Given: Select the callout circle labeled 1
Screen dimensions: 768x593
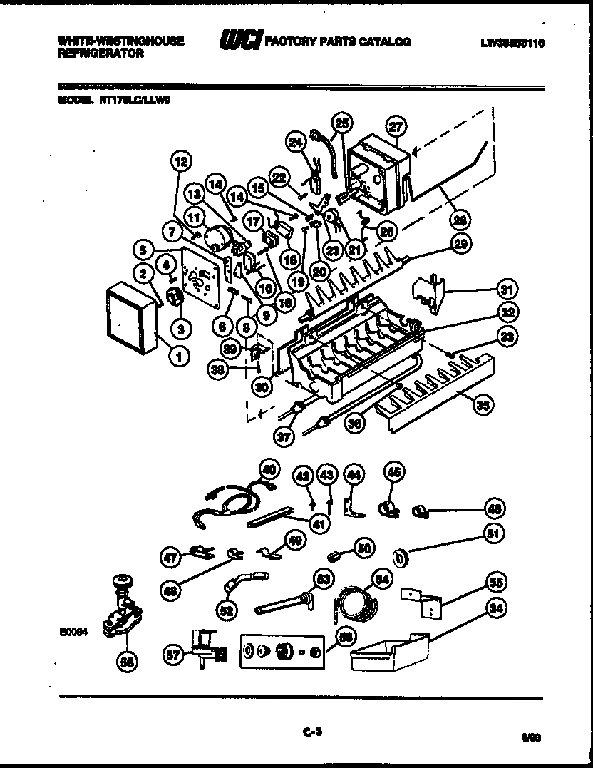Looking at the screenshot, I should point(180,353).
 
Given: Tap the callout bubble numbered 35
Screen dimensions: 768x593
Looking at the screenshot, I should point(483,405).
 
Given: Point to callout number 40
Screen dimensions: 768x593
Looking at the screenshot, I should point(268,469).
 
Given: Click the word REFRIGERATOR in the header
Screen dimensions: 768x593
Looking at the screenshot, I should point(100,53).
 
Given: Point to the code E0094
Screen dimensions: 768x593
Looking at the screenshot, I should point(74,631).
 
